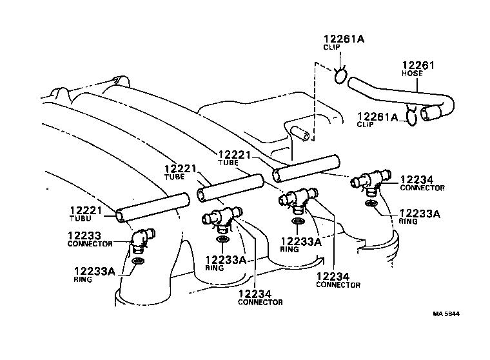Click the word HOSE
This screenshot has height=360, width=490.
point(412,74)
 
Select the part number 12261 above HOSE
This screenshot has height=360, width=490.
point(418,65)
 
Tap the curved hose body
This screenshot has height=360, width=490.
point(400,93)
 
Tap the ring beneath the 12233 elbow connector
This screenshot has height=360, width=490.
point(137,262)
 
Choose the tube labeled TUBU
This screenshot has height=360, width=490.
point(153,206)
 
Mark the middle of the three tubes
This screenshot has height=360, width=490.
point(230,186)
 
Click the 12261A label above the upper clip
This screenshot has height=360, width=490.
point(344,39)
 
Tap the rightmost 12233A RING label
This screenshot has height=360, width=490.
point(420,214)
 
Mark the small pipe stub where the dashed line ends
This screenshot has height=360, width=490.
point(301,134)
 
